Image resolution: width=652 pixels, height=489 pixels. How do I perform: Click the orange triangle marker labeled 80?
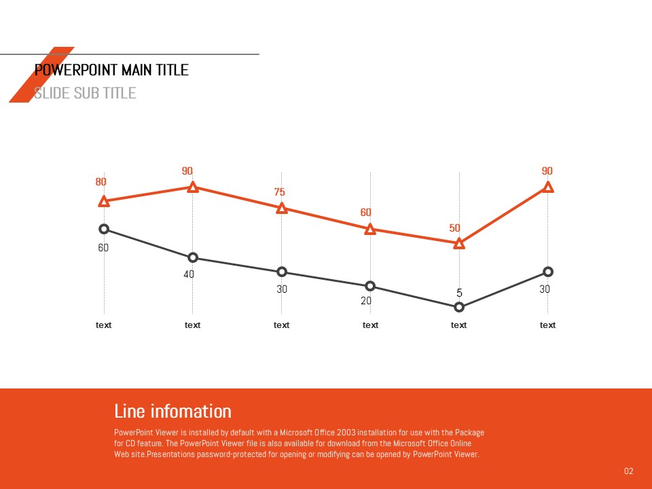104,201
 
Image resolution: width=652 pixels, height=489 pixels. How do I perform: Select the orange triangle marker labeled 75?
282,209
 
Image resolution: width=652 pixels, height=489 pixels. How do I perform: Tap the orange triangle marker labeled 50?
459,243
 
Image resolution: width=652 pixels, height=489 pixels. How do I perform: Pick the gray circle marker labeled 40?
193,257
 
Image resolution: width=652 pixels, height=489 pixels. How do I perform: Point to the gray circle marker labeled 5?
459,307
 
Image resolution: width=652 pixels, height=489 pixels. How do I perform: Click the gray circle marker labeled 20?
370,286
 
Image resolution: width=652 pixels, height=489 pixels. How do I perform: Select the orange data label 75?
279,193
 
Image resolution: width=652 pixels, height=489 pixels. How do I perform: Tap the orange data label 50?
455,228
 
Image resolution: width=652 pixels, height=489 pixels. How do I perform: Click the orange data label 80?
101,182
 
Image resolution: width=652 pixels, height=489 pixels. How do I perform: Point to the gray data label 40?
189,274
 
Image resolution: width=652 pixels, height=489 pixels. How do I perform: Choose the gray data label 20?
366,301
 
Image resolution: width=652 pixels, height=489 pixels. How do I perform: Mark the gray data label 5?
459,293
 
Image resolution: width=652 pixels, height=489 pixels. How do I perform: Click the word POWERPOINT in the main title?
75,70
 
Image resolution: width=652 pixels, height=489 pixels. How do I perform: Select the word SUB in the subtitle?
85,93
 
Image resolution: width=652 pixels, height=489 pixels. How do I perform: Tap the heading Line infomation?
173,411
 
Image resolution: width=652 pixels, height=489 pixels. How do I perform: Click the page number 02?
628,471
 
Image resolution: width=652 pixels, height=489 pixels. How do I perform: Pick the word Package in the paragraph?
469,433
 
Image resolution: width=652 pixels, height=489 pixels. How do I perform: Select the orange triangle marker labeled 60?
370,230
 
